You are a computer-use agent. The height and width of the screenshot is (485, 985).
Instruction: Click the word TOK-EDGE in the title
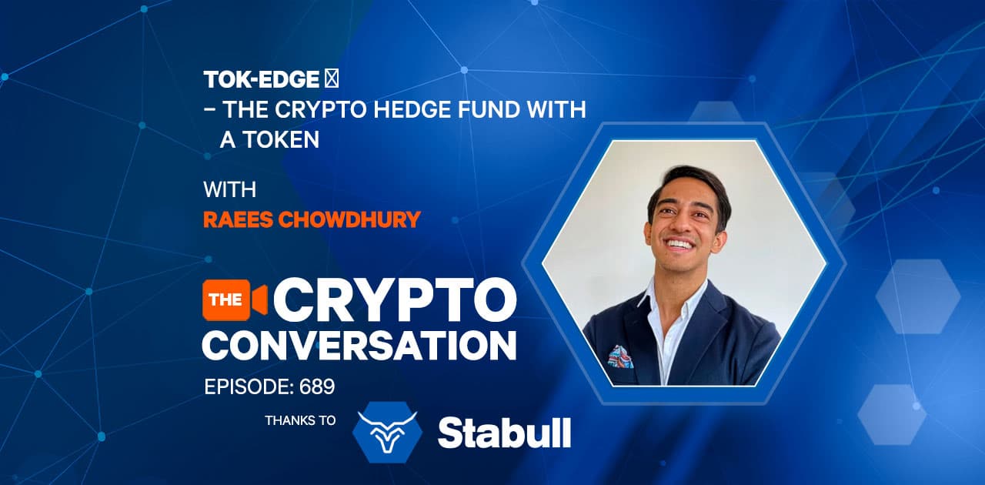(261, 79)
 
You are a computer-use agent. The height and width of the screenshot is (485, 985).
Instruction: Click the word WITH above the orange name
(229, 189)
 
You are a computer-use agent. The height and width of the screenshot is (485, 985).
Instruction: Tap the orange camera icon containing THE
(233, 299)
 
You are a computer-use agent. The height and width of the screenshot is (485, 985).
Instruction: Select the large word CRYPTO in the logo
(394, 299)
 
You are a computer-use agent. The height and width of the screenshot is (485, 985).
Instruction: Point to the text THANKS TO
(300, 421)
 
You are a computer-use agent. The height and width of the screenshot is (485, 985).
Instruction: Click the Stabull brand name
(504, 433)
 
